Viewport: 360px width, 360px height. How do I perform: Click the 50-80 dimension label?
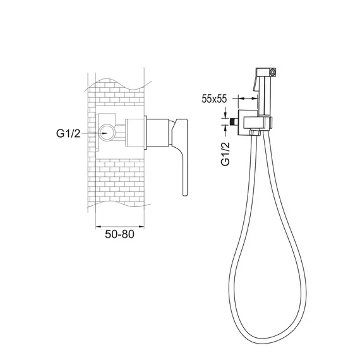119,234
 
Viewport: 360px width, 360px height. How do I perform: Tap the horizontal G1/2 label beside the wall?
68,133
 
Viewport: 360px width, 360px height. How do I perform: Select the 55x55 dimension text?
214,99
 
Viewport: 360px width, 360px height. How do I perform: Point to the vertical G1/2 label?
225,154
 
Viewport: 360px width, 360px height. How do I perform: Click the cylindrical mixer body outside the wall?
158,133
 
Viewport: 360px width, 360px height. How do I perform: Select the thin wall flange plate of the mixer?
145,133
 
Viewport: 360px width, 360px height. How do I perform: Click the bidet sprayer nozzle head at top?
267,72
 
